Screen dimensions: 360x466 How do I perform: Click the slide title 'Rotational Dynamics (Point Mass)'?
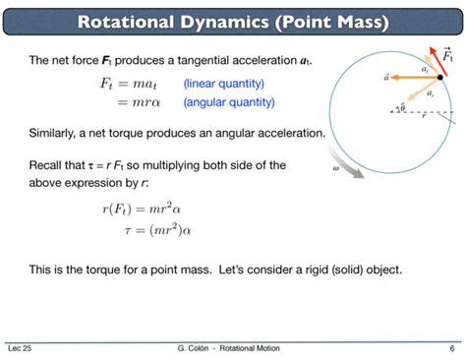(233, 21)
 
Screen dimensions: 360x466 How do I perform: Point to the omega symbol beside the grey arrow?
(335, 168)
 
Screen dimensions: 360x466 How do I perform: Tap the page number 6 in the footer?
(451, 348)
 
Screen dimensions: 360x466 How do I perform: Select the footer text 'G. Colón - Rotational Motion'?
(233, 348)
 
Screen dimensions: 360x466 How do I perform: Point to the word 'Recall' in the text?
(48, 164)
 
